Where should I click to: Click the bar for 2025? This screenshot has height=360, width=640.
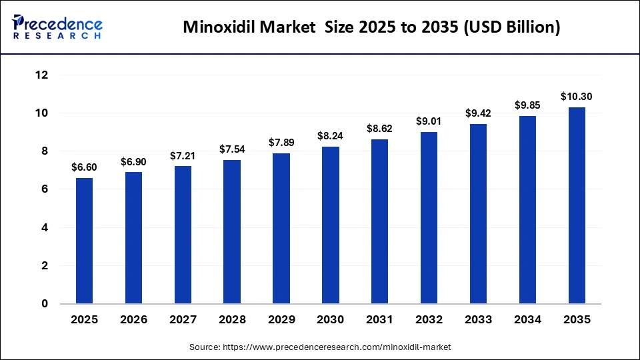(84, 241)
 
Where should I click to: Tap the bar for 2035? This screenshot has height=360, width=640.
(577, 205)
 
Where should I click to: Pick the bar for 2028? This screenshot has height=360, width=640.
(232, 232)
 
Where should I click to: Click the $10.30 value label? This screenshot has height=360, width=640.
(577, 97)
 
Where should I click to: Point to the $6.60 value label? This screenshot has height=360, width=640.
(84, 167)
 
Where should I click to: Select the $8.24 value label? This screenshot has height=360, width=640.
(331, 136)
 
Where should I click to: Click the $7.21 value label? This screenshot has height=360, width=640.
(183, 155)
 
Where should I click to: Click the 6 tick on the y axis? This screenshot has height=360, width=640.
(45, 189)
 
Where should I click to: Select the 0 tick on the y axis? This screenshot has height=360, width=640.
(45, 304)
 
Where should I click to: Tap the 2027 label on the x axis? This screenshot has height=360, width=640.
(183, 320)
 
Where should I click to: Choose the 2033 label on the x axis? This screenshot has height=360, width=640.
(478, 320)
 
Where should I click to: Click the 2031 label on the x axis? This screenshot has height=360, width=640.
(380, 320)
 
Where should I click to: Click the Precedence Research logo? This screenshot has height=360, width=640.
(57, 27)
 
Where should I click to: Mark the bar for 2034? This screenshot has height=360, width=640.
(527, 210)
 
